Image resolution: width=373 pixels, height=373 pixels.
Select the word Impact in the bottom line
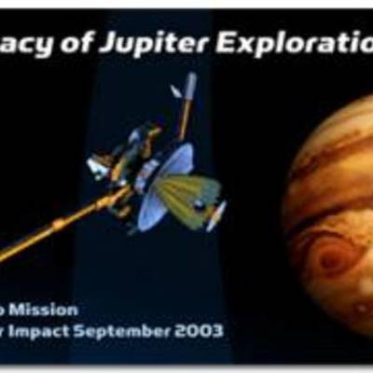pyautogui.click(x=75, y=331)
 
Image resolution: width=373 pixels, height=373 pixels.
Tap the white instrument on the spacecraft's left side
pyautogui.click(x=98, y=168)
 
